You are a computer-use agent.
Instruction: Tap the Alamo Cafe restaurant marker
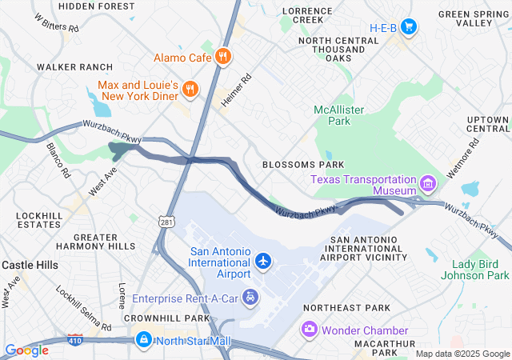(223, 58)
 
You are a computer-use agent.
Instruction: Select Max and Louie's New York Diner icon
(190, 90)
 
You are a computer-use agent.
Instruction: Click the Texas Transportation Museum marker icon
(428, 186)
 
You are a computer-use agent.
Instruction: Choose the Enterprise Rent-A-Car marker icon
(251, 298)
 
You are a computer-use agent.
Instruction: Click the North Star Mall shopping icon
(143, 340)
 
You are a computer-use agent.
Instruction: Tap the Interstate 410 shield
(75, 340)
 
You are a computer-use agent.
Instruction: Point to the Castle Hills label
(29, 264)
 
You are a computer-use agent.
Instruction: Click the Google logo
(26, 350)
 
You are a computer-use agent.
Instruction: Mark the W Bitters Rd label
(57, 22)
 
